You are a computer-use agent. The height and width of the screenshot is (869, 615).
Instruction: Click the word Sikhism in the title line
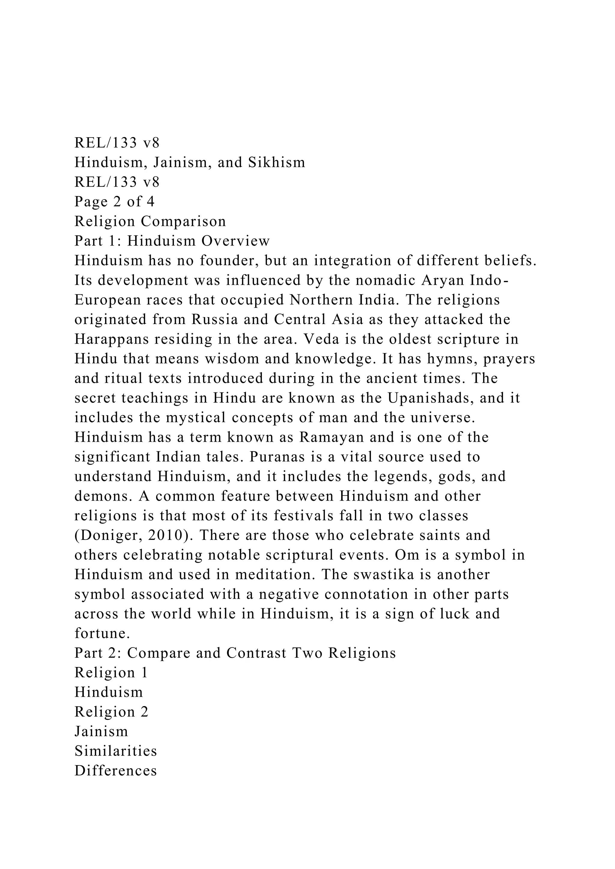click(277, 162)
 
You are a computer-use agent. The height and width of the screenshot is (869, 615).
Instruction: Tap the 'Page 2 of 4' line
click(114, 202)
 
